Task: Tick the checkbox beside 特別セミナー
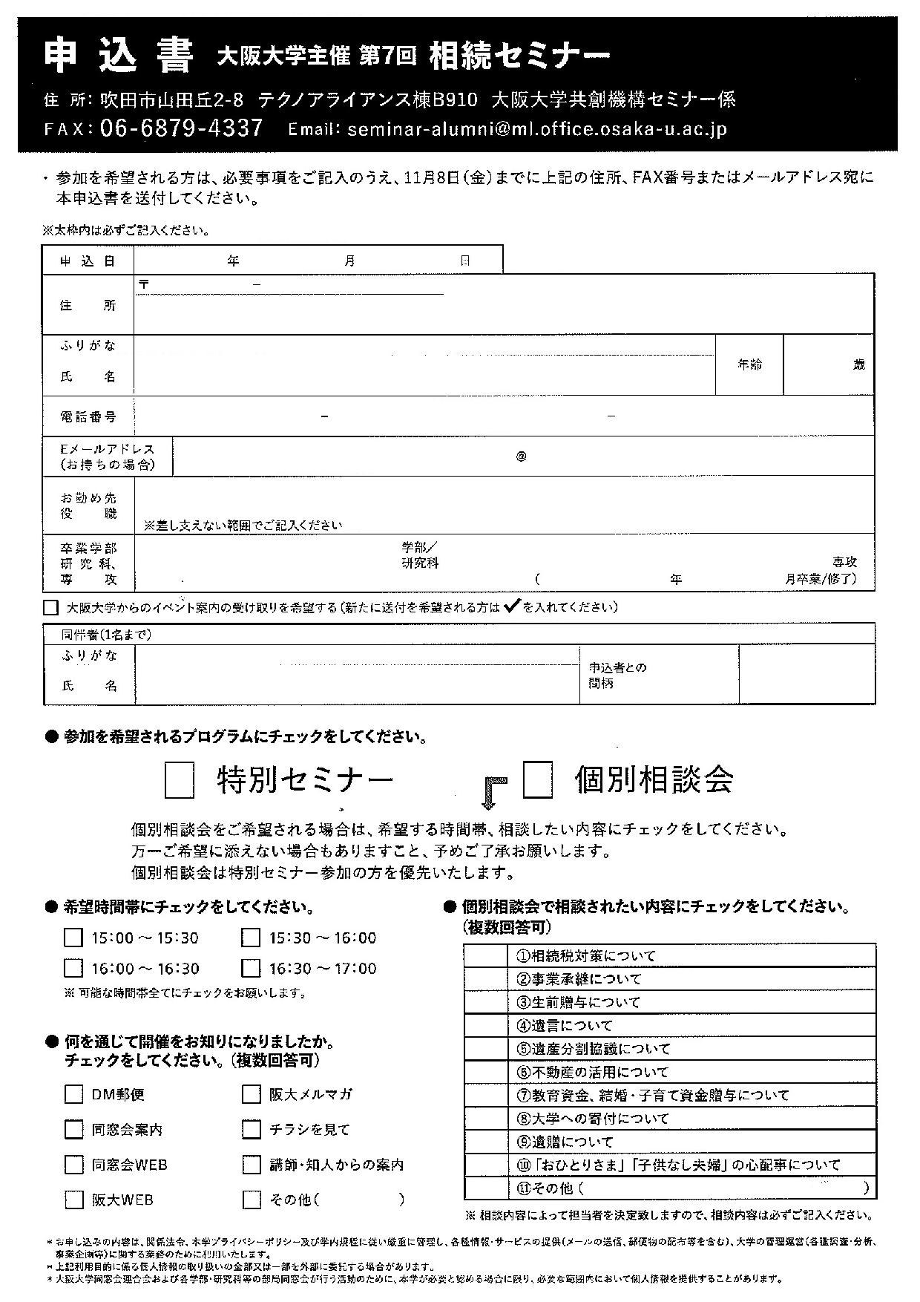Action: point(179,782)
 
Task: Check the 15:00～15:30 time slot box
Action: point(73,938)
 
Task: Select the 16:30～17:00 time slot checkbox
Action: point(251,968)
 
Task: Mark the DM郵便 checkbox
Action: point(73,1094)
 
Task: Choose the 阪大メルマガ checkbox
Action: point(252,1094)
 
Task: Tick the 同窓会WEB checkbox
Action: point(73,1164)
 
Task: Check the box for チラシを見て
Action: point(252,1129)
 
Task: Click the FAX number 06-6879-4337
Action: point(180,128)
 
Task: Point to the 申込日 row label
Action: point(88,261)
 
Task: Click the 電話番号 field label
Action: point(88,416)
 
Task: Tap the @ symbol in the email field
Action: point(521,457)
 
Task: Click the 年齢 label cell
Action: point(749,364)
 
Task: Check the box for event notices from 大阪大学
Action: point(50,607)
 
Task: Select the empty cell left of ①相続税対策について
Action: point(485,955)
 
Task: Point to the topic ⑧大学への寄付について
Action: point(593,1118)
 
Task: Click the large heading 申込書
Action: point(119,57)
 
